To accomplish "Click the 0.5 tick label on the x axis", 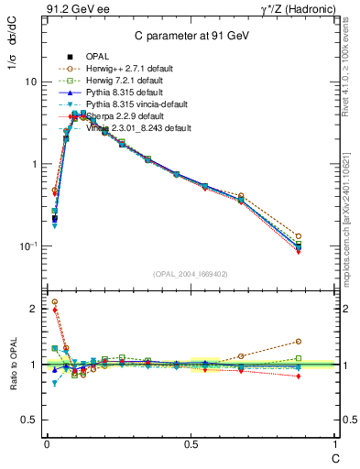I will pos(190,444).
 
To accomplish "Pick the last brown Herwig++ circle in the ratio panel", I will pos(323,342).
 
